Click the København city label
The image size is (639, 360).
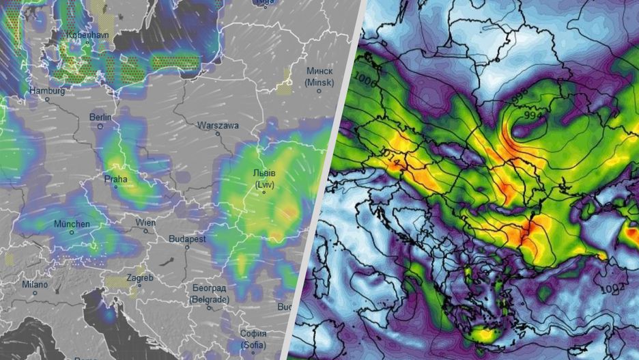87,34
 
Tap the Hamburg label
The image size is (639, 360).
47,90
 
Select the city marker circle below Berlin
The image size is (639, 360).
101,126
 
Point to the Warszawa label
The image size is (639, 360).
218,126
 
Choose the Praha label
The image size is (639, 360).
115,180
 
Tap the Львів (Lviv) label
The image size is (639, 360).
265,180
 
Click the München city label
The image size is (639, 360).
72,223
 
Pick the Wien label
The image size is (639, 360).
145,222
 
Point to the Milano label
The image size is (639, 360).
34,284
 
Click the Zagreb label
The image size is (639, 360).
139,278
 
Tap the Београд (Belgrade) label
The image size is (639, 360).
208,294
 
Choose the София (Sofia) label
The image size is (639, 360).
253,338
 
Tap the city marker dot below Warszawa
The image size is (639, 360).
218,136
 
